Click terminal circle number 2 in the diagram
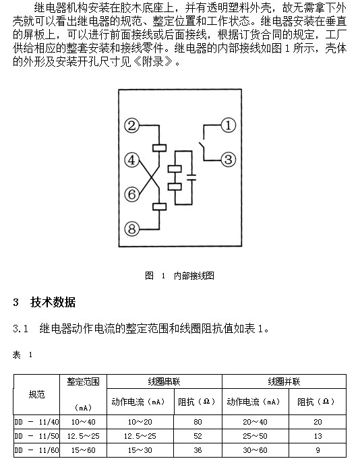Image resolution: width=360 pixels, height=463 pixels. [x=131, y=126]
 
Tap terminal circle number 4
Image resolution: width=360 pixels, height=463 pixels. [x=131, y=160]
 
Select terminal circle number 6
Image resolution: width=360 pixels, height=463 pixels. [x=131, y=194]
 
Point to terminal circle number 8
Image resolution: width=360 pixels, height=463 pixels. [x=131, y=229]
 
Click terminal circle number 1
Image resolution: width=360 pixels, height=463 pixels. [x=229, y=125]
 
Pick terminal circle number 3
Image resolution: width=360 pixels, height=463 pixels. [x=229, y=160]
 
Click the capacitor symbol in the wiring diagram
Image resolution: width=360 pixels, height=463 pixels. [x=191, y=177]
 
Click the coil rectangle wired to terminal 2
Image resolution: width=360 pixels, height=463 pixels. [x=160, y=148]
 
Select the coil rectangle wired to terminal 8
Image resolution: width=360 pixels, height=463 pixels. [x=160, y=206]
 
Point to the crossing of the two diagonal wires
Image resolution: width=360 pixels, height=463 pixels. [x=151, y=177]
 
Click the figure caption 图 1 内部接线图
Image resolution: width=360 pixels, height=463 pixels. [x=179, y=276]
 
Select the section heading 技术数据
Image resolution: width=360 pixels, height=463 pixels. [x=53, y=303]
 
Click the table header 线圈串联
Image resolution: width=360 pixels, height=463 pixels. [x=164, y=382]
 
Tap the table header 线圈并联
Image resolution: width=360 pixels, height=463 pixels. [x=284, y=382]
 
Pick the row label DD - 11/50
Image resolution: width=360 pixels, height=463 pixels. [x=36, y=436]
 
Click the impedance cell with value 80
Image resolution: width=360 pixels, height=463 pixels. [x=198, y=422]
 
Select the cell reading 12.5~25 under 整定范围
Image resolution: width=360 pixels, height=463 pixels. [x=84, y=436]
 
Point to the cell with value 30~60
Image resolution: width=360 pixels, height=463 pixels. [x=255, y=450]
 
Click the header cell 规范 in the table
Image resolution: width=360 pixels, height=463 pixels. [x=36, y=394]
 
